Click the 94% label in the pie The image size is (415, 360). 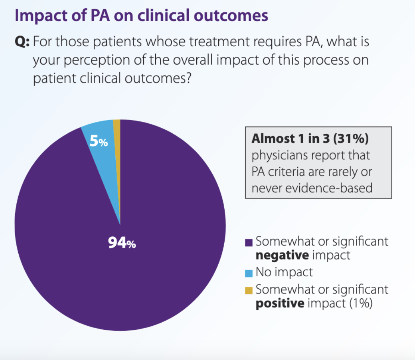click(122, 243)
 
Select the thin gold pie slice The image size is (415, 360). click(117, 149)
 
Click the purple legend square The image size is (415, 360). click(249, 243)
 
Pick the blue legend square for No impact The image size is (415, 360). click(249, 273)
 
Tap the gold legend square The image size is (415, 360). click(249, 290)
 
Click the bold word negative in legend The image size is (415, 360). click(282, 255)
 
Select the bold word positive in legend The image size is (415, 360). click(280, 303)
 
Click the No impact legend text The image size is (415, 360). click(284, 272)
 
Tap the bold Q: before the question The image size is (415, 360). click(22, 42)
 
